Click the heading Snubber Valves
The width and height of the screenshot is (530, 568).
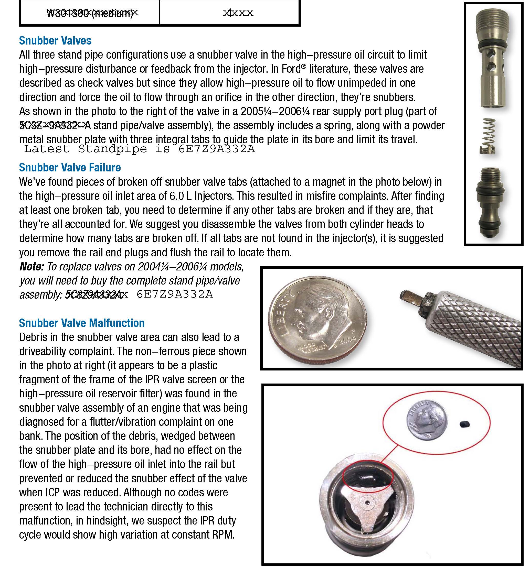click(x=55, y=41)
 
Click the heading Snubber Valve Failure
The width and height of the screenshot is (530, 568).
click(x=70, y=167)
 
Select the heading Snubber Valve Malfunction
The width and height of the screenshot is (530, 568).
click(x=82, y=323)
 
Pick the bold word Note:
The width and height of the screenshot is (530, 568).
click(x=31, y=267)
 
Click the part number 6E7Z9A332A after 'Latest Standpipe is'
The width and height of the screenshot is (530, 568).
click(x=216, y=149)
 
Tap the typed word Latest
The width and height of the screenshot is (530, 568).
click(x=47, y=149)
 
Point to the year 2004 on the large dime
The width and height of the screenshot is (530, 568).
click(x=348, y=340)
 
